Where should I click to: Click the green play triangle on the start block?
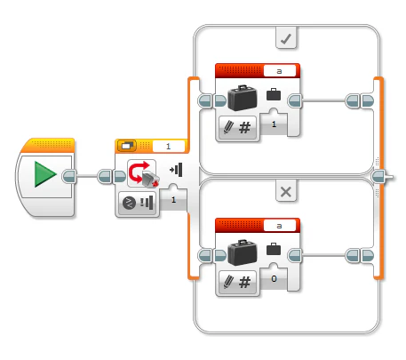tap(45, 174)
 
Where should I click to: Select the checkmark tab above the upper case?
tap(286, 38)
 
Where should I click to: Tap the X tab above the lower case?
tap(286, 191)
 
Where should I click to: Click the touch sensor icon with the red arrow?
tap(142, 173)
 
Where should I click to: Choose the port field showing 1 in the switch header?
tap(169, 146)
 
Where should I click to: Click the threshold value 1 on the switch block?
tap(173, 201)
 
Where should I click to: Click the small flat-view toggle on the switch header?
tap(128, 146)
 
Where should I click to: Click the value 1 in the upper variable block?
tap(274, 125)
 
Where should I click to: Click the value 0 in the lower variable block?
tap(274, 279)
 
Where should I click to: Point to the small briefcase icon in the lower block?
tap(274, 250)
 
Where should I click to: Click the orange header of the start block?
tap(45, 145)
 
